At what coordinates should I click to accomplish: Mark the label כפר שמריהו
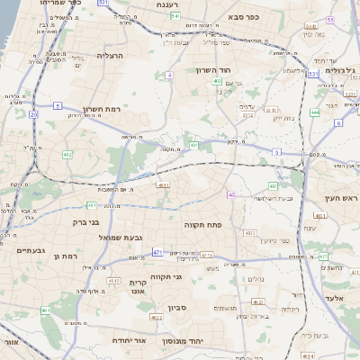[x=61, y=4]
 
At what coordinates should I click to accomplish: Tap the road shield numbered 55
[x=330, y=20]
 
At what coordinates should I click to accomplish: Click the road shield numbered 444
[x=315, y=112]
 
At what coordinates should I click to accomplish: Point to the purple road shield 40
[x=231, y=194]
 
